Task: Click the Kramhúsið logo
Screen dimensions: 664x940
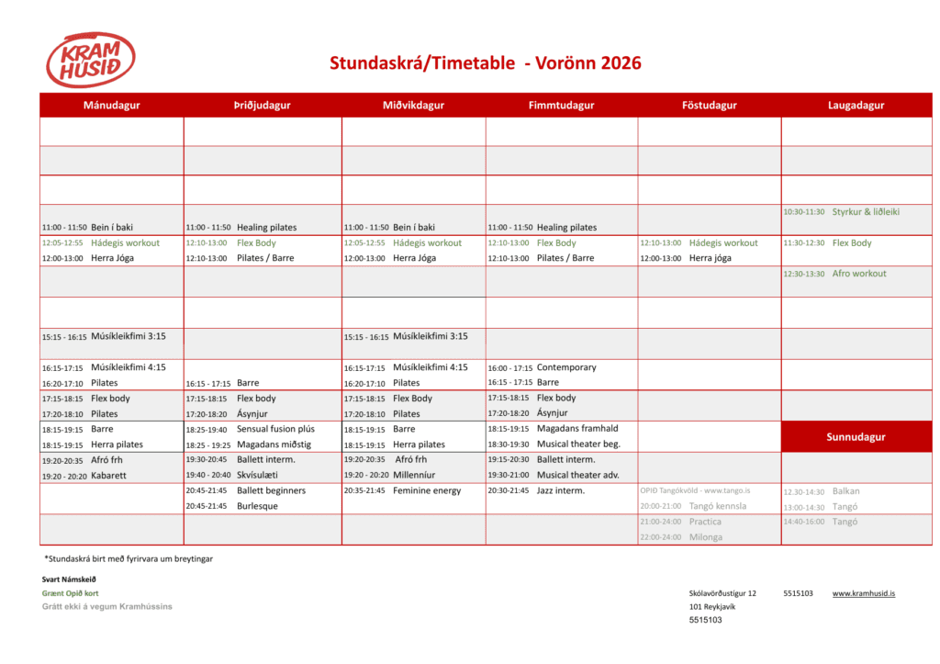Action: [90, 61]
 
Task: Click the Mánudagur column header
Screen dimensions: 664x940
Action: [111, 106]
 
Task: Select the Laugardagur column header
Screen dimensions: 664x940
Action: [856, 106]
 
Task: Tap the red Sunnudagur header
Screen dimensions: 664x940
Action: [856, 437]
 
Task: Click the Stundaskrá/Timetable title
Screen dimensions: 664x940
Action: [485, 63]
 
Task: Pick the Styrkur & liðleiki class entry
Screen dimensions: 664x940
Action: [866, 212]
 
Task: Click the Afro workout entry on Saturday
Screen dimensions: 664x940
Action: [859, 274]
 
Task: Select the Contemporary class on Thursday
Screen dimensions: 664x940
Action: [566, 367]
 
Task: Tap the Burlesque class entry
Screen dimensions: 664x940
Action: [258, 506]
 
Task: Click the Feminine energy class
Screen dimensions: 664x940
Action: [427, 490]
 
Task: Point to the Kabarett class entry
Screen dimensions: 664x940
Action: [109, 476]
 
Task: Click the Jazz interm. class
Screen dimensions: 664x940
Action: [561, 490]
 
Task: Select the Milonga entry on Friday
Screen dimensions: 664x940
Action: [706, 537]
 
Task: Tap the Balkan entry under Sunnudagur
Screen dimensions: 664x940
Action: [846, 491]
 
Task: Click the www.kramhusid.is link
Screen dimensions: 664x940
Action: [863, 594]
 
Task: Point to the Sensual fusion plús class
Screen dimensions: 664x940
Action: [275, 429]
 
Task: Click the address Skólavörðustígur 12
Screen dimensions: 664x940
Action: [722, 594]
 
